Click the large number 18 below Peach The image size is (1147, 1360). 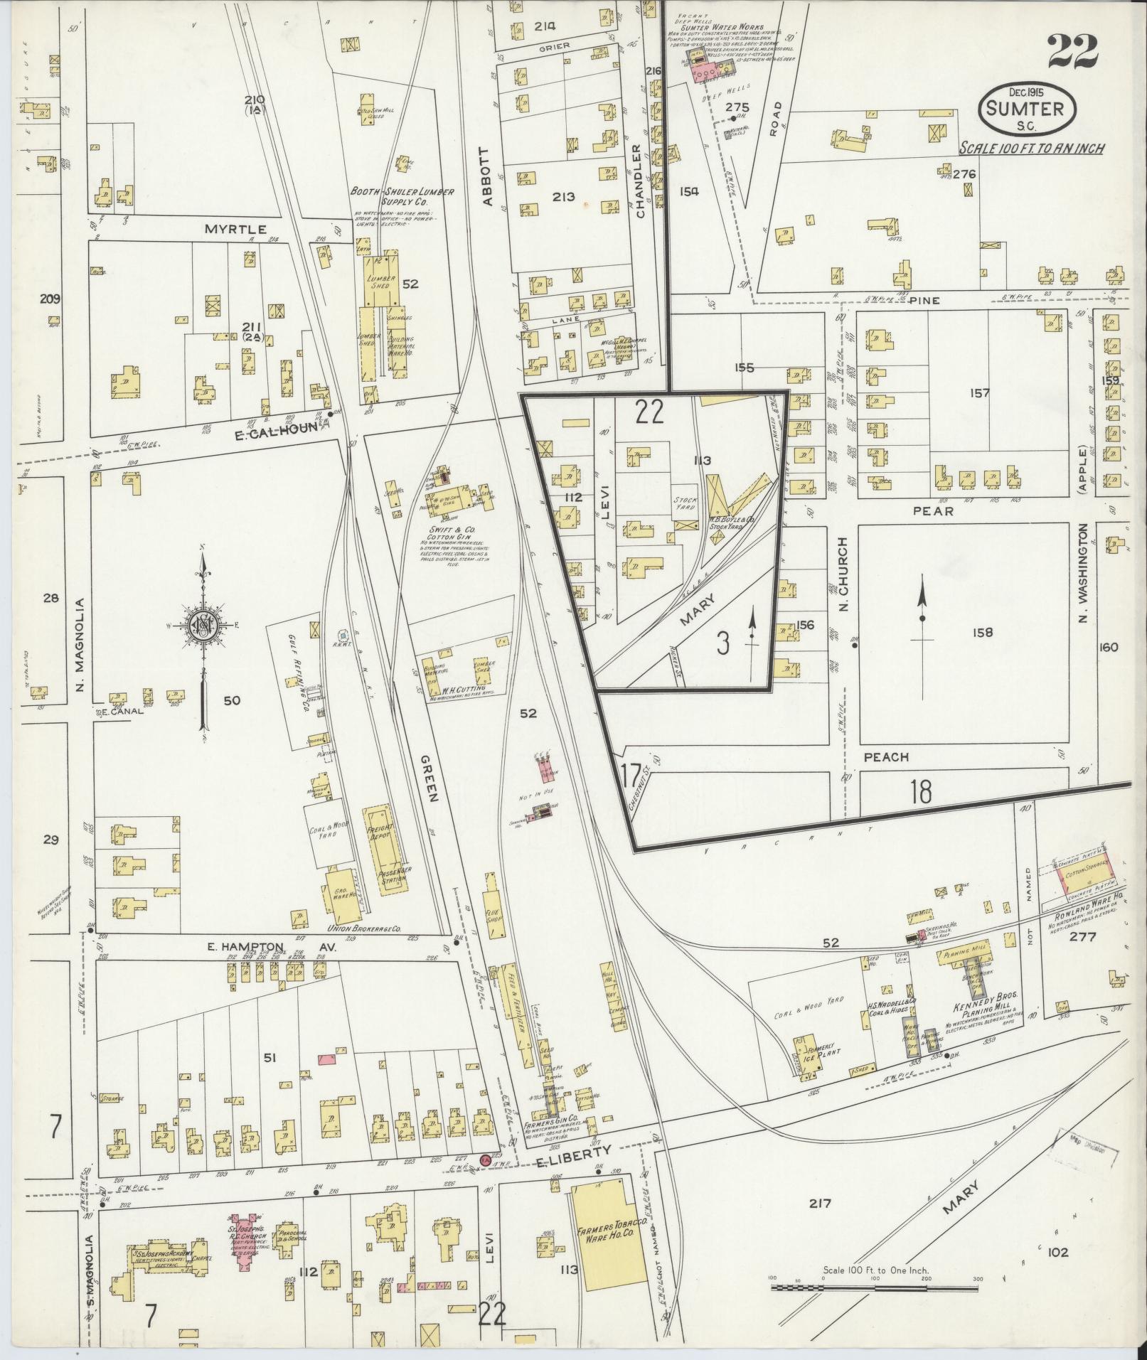point(920,791)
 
